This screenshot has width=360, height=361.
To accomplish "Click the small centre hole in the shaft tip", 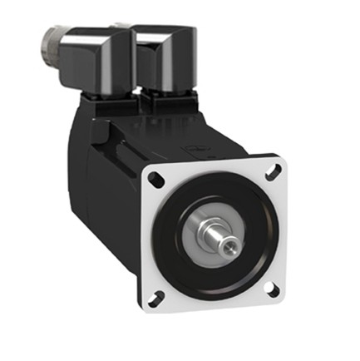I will (x=227, y=247).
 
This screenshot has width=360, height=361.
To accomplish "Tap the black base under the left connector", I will (x=108, y=104).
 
